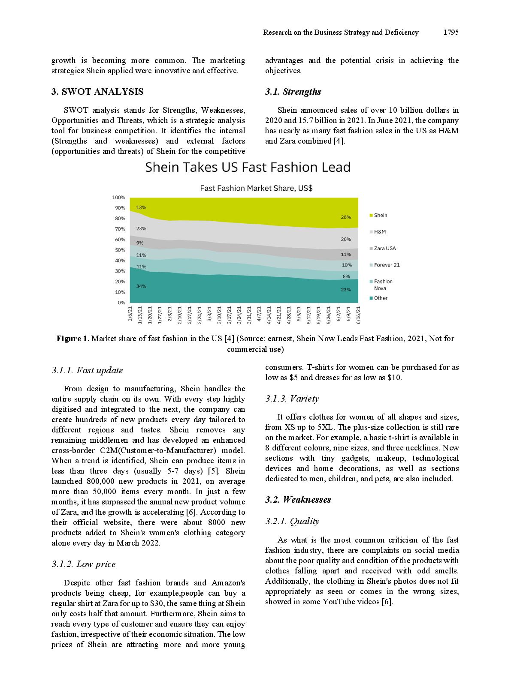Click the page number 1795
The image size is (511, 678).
(x=451, y=32)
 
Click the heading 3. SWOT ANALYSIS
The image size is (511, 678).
(x=97, y=92)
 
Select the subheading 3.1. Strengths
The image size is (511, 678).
(x=293, y=92)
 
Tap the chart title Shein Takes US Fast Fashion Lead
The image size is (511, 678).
(x=248, y=167)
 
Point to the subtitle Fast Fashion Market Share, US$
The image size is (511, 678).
(x=256, y=188)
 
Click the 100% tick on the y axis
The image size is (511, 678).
(x=118, y=198)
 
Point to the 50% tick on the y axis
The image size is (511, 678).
(x=120, y=250)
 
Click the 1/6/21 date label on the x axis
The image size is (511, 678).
(x=130, y=313)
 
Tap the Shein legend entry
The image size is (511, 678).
(x=380, y=215)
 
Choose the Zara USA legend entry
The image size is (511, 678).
(x=384, y=248)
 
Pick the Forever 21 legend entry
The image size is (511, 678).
(x=387, y=265)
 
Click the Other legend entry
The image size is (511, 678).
(x=381, y=298)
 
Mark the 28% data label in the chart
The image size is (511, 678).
(x=346, y=217)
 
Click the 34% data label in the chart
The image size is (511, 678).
(x=141, y=286)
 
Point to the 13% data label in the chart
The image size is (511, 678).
(x=141, y=207)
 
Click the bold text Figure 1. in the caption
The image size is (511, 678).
(x=73, y=339)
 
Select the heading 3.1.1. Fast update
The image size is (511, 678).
(x=87, y=370)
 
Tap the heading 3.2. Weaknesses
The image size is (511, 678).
(x=298, y=500)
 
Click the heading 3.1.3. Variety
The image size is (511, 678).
(x=292, y=399)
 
